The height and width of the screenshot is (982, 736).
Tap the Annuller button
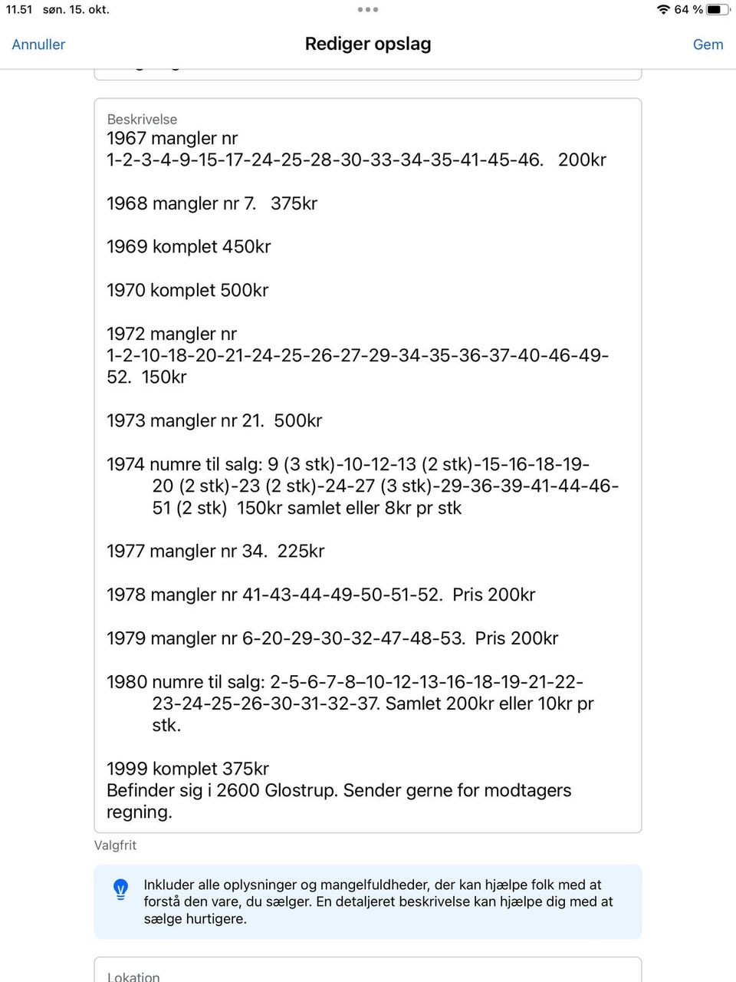pyautogui.click(x=38, y=44)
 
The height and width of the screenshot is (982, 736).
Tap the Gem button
pyautogui.click(x=708, y=44)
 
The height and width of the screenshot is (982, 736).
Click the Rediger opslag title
pyautogui.click(x=368, y=44)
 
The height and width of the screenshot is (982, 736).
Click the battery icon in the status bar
pyautogui.click(x=717, y=10)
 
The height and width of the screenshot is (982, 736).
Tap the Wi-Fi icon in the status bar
pyautogui.click(x=663, y=10)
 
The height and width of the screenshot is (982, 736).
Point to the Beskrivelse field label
pyautogui.click(x=142, y=120)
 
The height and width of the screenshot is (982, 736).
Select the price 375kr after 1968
pyautogui.click(x=294, y=204)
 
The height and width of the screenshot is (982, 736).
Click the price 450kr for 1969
pyautogui.click(x=246, y=247)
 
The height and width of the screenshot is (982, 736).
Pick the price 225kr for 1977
pyautogui.click(x=301, y=552)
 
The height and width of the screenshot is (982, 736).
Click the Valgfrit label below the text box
pyautogui.click(x=115, y=845)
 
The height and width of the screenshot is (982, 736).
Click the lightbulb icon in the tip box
pyautogui.click(x=121, y=889)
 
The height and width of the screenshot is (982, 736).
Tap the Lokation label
pyautogui.click(x=133, y=977)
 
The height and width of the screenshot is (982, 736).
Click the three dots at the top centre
pyautogui.click(x=368, y=10)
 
